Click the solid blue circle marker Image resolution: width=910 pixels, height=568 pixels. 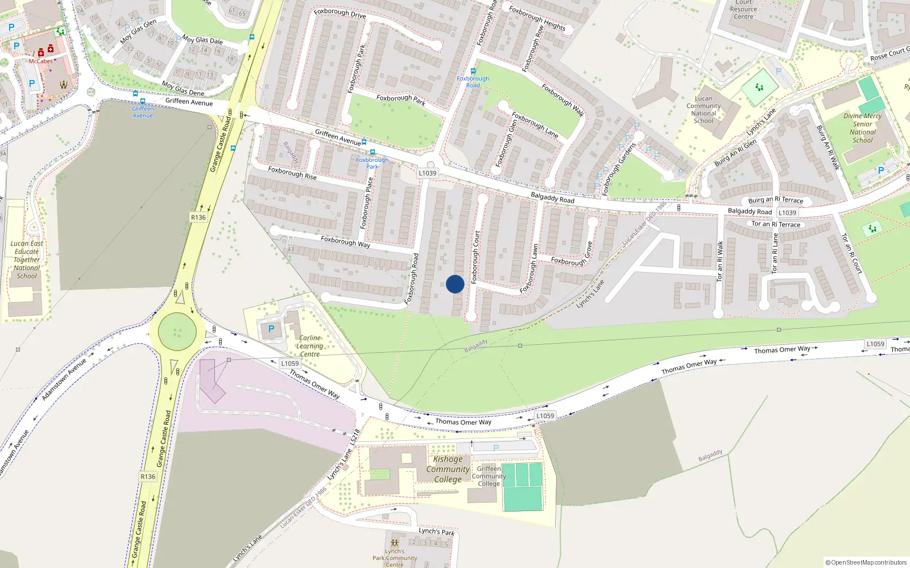point(455,284)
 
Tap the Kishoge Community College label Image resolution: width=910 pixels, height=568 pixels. point(448,469)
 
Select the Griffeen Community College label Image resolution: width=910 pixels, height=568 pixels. point(489,476)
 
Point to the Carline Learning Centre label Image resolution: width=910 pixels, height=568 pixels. point(309,346)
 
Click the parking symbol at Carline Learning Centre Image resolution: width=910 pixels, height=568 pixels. point(271,329)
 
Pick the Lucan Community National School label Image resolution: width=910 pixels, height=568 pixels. point(704,110)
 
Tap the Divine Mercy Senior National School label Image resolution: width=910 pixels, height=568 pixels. point(863,128)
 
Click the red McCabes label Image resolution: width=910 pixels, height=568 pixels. point(41,61)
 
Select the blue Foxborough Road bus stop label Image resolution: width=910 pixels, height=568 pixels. point(473,82)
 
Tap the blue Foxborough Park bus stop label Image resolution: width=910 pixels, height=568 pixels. point(372,163)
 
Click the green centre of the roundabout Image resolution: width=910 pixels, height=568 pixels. point(177,331)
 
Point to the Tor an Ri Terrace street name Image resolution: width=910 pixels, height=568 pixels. point(776,224)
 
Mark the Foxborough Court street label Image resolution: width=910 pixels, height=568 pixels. point(476,257)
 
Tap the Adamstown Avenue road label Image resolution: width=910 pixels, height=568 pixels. point(64,379)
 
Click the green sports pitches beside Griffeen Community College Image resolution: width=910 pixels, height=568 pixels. point(522,487)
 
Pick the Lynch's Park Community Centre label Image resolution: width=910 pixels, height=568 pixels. point(395,558)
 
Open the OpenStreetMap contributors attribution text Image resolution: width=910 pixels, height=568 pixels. point(866,562)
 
